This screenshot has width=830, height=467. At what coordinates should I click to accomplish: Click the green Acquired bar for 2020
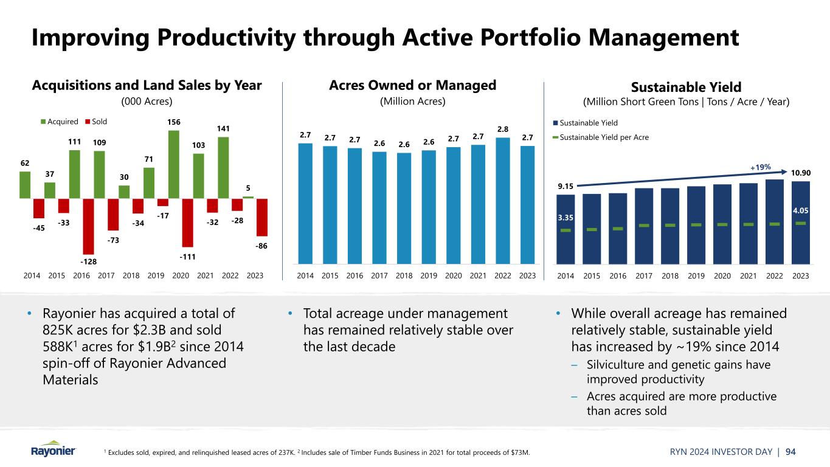tap(174, 164)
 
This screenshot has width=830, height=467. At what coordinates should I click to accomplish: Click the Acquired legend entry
tap(59, 121)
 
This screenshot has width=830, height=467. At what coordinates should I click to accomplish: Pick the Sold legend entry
tap(95, 121)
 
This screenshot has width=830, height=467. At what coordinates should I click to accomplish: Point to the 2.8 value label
tap(503, 129)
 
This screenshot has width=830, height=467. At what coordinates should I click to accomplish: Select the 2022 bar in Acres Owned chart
tap(503, 201)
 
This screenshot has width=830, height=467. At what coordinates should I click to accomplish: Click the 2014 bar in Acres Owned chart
tap(305, 203)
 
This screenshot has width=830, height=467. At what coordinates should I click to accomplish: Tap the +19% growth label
tap(759, 167)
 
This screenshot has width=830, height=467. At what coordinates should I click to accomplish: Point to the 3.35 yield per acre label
tap(565, 217)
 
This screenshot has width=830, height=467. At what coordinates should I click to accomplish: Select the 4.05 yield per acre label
tap(800, 210)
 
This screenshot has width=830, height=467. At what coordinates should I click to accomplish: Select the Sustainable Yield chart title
tap(686, 87)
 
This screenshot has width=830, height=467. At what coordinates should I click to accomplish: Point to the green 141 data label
tap(224, 128)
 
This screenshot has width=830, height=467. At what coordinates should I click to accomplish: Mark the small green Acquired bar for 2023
tap(248, 197)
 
